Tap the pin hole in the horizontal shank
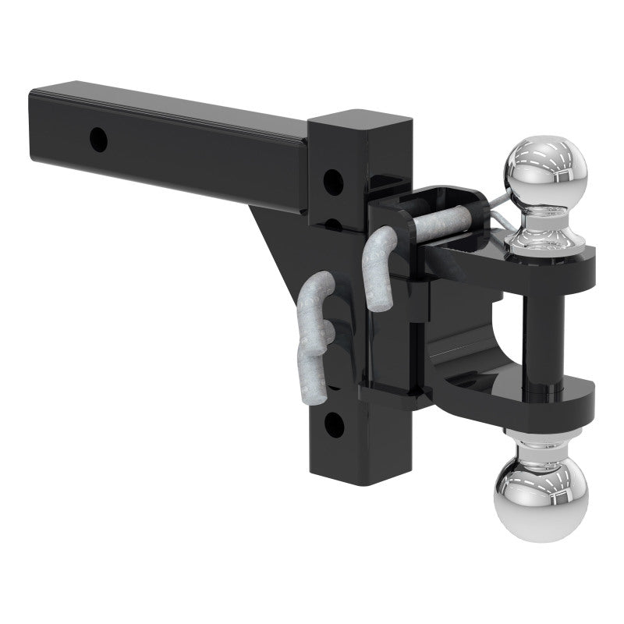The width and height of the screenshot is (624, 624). [98, 141]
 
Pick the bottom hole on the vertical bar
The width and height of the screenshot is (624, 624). [333, 425]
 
